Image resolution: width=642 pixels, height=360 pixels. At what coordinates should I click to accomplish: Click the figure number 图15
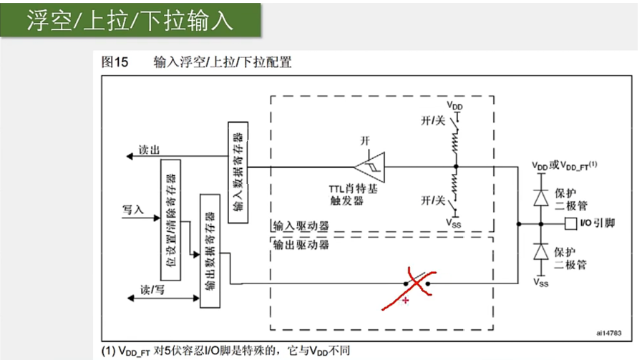(115, 62)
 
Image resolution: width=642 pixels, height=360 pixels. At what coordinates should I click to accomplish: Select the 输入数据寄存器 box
(239, 171)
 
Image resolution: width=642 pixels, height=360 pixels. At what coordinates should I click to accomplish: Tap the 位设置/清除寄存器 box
(171, 218)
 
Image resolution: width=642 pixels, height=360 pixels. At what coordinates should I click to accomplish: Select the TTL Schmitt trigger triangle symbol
(374, 166)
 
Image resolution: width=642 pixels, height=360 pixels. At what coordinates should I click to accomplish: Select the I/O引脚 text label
(595, 223)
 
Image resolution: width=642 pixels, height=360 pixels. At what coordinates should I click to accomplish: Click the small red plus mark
(407, 301)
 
